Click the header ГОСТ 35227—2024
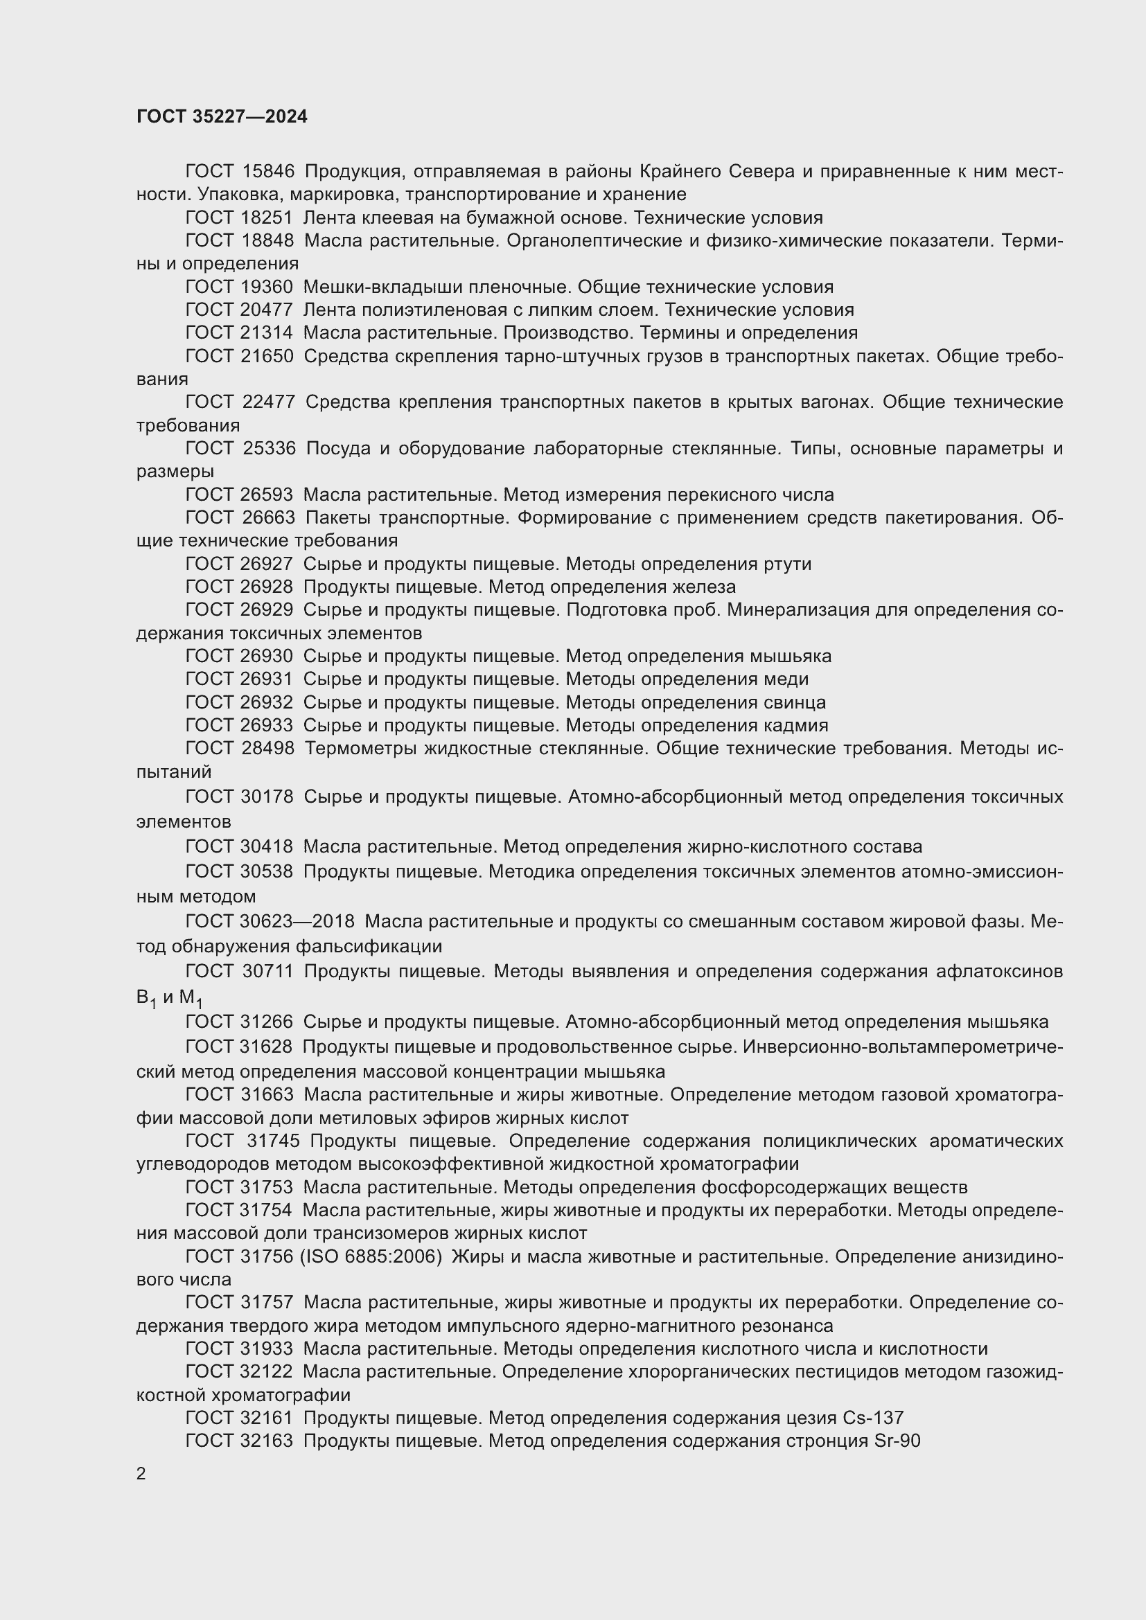222,116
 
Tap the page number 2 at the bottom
141,1474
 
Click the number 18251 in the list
266,218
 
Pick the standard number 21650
267,356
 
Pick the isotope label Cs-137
873,1418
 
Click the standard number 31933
266,1349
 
